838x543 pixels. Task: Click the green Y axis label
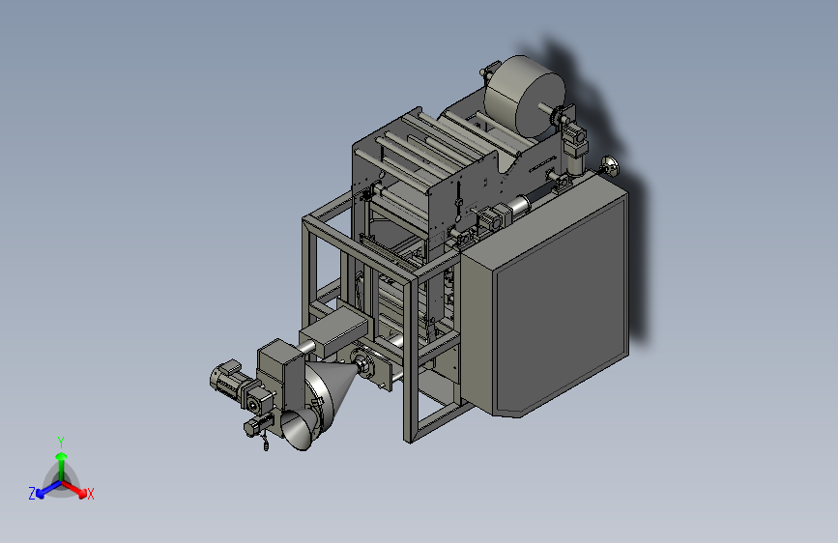pyautogui.click(x=60, y=442)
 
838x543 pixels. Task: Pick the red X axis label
pyautogui.click(x=90, y=494)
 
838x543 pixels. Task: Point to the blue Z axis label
pyautogui.click(x=32, y=494)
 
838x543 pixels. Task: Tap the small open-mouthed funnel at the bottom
pyautogui.click(x=297, y=429)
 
